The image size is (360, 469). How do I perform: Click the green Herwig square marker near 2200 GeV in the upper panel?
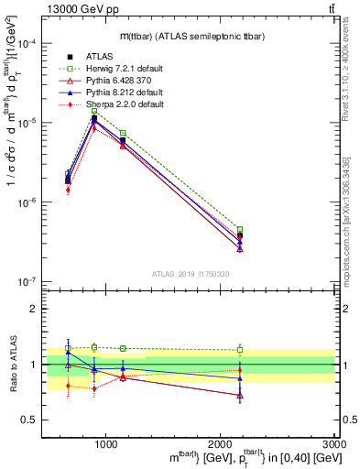(240, 230)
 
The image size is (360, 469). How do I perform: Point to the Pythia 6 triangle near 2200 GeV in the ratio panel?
(240, 395)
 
